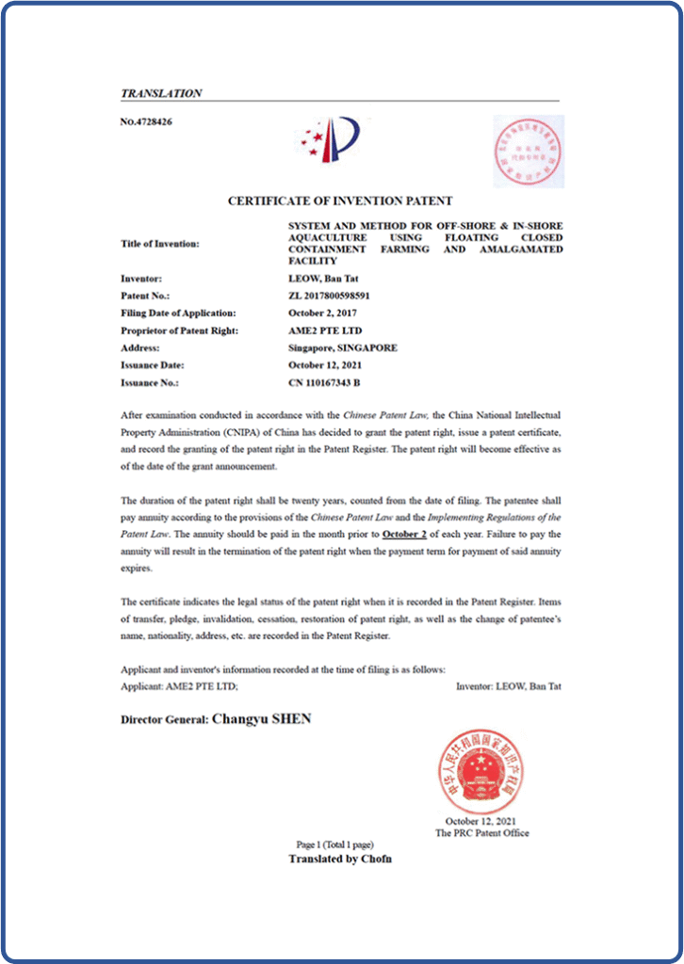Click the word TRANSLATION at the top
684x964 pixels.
tap(161, 93)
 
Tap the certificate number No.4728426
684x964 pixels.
tap(146, 121)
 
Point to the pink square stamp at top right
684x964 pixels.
tap(529, 151)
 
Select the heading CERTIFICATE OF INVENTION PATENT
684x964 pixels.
tap(340, 201)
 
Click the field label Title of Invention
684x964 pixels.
tap(160, 244)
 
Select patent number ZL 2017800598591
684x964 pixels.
tap(329, 296)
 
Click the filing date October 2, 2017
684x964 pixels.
tap(322, 313)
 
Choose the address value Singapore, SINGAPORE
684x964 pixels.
tap(342, 347)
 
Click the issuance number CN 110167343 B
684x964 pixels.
tap(323, 382)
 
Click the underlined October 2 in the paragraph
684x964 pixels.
tap(405, 535)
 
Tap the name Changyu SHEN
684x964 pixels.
tap(262, 718)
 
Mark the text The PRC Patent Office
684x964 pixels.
tap(481, 832)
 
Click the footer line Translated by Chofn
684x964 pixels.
tap(340, 859)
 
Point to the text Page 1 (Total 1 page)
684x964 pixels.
tap(340, 844)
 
